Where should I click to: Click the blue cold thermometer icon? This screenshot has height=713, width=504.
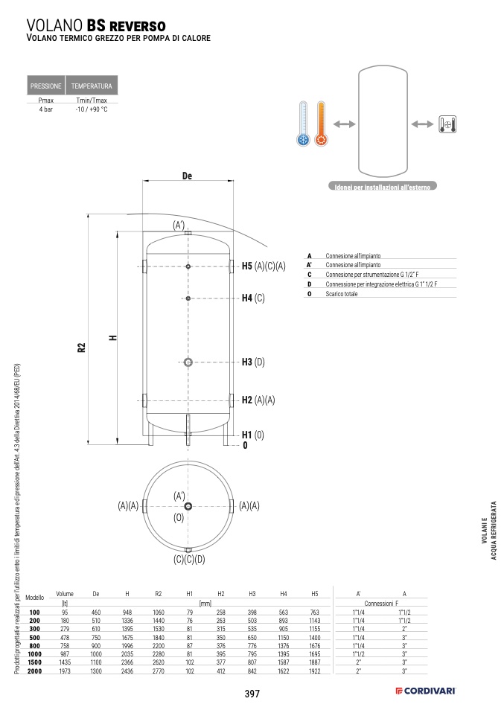[304, 124]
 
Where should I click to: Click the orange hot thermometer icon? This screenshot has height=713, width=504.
[321, 124]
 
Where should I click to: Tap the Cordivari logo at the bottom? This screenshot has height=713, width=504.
[425, 691]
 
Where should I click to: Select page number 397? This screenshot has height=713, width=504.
[252, 694]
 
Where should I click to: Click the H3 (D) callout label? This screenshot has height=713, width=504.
[253, 362]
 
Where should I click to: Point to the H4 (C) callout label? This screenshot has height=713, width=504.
[253, 298]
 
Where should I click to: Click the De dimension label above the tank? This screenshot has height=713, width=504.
[187, 176]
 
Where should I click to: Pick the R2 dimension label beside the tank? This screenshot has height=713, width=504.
[81, 348]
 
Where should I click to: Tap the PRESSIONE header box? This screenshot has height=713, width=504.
[46, 85]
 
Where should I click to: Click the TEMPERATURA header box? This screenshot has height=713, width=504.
[92, 85]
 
